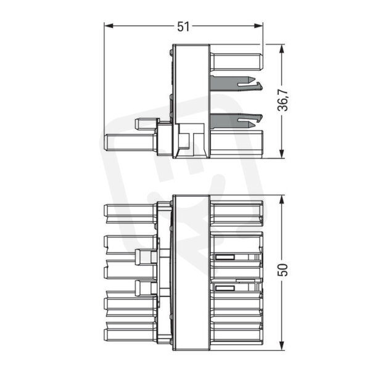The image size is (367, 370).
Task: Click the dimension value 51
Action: pos(183,27)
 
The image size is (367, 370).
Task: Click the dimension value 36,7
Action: pos(282,100)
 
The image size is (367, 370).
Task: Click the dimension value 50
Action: pos(282,269)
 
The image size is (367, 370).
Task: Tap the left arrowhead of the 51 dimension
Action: pos(109,26)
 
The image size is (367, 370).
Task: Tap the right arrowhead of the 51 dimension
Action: pos(258,26)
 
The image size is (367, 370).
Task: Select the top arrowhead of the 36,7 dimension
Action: pos(281,49)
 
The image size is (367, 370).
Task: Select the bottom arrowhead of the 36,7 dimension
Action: pos(281,154)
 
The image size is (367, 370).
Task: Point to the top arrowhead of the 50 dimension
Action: pos(281,200)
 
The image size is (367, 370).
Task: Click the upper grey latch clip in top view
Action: pos(236,83)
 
